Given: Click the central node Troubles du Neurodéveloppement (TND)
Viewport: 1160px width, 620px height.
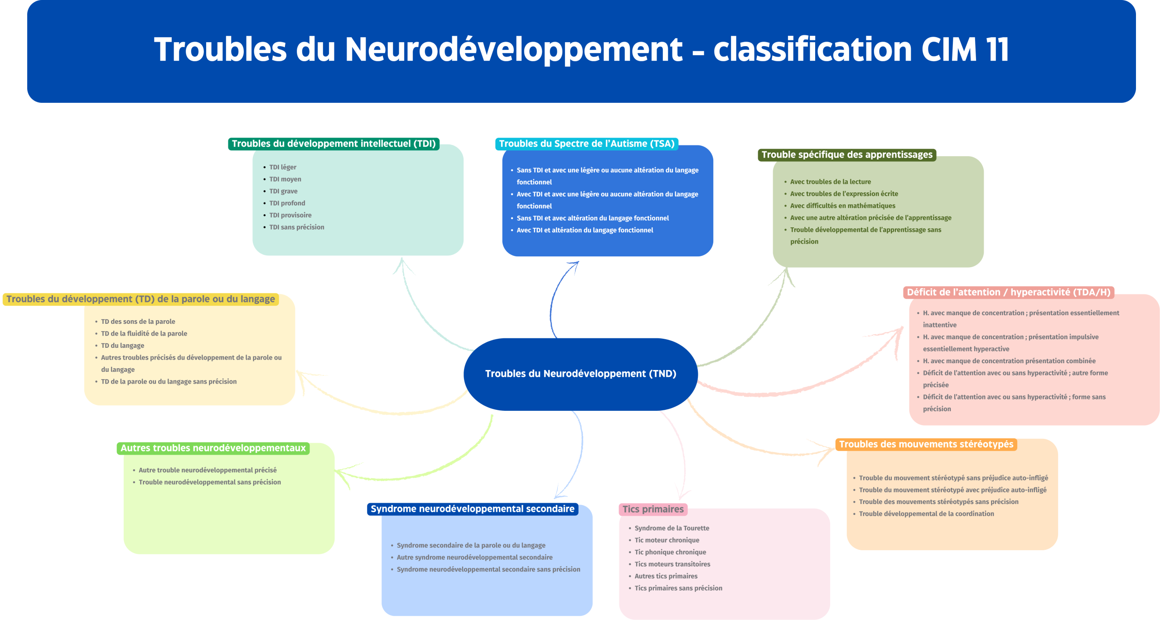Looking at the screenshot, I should [x=580, y=374].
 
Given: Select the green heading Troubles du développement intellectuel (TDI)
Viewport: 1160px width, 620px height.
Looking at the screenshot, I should [x=333, y=144].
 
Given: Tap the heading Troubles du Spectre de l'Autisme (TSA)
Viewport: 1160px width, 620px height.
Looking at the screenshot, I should [x=586, y=144].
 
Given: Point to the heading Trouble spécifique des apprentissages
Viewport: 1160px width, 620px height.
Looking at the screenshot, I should [x=846, y=154].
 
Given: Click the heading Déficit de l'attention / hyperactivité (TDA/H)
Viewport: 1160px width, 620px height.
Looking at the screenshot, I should [x=1008, y=292].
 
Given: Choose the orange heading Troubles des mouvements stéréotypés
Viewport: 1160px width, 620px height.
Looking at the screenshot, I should [x=926, y=444].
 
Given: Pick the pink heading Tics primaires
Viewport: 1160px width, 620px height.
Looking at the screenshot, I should [x=652, y=509].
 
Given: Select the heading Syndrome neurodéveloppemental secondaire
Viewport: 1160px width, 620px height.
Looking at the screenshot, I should [x=472, y=509].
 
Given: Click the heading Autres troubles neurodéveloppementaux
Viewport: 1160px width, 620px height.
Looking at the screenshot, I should [x=213, y=448].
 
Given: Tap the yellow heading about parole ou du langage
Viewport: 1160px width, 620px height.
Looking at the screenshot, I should [x=140, y=299].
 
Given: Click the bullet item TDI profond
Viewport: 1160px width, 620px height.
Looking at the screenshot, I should [x=287, y=203].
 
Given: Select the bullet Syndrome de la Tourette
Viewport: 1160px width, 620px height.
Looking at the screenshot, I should [x=672, y=528].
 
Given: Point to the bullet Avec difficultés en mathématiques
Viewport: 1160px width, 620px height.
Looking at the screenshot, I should [x=842, y=206].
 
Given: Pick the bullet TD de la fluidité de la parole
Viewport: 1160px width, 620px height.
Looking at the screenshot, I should [x=144, y=333].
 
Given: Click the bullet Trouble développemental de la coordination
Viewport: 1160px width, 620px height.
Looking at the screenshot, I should [x=926, y=514].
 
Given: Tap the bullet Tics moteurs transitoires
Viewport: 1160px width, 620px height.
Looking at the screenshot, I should [x=672, y=564].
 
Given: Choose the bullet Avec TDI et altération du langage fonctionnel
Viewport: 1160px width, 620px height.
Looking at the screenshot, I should [x=585, y=230].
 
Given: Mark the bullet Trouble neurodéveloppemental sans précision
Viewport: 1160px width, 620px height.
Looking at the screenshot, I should [x=209, y=482].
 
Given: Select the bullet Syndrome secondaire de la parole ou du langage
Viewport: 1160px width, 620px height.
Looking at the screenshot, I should [x=471, y=545].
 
